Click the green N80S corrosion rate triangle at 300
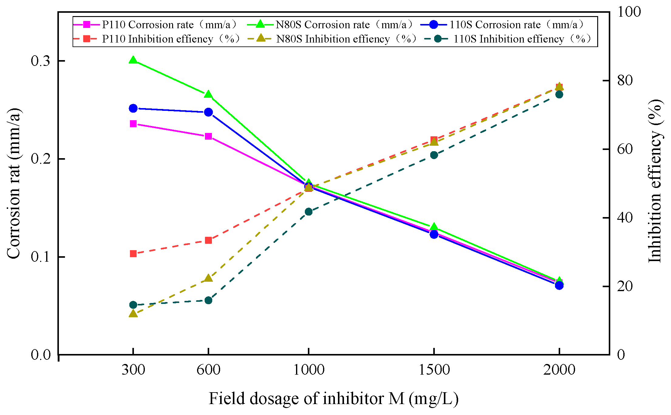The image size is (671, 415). [133, 60]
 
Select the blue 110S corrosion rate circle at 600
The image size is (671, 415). [208, 112]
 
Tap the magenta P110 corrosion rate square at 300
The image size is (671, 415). [133, 124]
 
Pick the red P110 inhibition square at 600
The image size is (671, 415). [208, 240]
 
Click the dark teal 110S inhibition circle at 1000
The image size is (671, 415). [308, 212]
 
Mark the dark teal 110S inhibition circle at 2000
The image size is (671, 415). [559, 94]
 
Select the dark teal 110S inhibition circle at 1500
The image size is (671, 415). [434, 155]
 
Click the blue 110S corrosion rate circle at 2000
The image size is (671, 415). [559, 285]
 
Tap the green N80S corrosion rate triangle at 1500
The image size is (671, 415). [434, 227]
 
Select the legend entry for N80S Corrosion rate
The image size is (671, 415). [331, 25]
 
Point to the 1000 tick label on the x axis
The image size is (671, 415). [308, 370]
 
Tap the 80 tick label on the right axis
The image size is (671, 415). [625, 80]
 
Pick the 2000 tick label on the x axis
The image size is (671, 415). [559, 370]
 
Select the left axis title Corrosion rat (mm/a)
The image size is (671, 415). [14, 183]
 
